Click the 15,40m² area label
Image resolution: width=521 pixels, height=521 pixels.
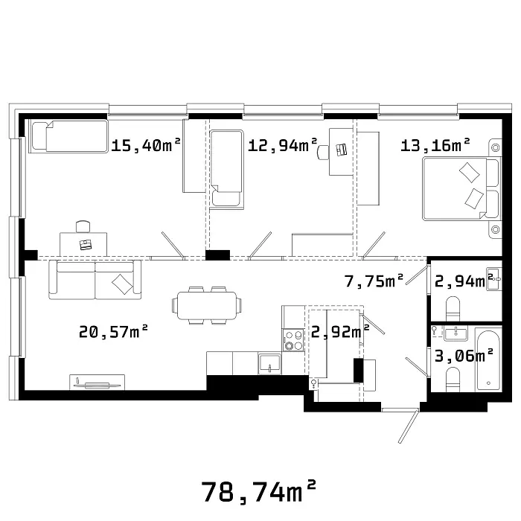tap(146, 145)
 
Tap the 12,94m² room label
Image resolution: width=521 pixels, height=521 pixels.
tap(282, 145)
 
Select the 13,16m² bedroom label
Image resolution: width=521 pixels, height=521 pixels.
tap(435, 145)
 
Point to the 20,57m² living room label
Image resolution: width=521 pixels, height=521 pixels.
tap(113, 331)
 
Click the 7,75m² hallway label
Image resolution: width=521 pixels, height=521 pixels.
tap(374, 281)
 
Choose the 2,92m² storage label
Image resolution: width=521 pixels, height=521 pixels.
tap(340, 331)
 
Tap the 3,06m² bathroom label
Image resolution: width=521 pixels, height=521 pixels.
tap(464, 356)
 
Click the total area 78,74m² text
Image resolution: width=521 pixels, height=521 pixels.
tap(258, 492)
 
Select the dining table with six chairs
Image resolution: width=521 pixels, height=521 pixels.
tap(207, 305)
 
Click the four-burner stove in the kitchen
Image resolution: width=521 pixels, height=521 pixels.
tap(293, 340)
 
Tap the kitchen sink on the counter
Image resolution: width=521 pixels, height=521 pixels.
tap(269, 364)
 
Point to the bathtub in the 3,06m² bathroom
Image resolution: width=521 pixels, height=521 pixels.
tap(488, 360)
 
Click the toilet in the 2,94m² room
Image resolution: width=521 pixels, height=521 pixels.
tap(453, 309)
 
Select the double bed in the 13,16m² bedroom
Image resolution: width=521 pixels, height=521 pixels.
tap(461, 189)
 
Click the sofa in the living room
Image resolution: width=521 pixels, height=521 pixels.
tap(95, 280)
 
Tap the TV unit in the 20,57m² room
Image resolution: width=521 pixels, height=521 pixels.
tap(97, 383)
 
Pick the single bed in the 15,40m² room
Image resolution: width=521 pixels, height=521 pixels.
tap(68, 136)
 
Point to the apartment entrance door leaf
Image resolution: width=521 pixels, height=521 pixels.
tap(408, 426)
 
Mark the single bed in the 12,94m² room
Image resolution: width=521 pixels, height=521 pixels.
tap(227, 170)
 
